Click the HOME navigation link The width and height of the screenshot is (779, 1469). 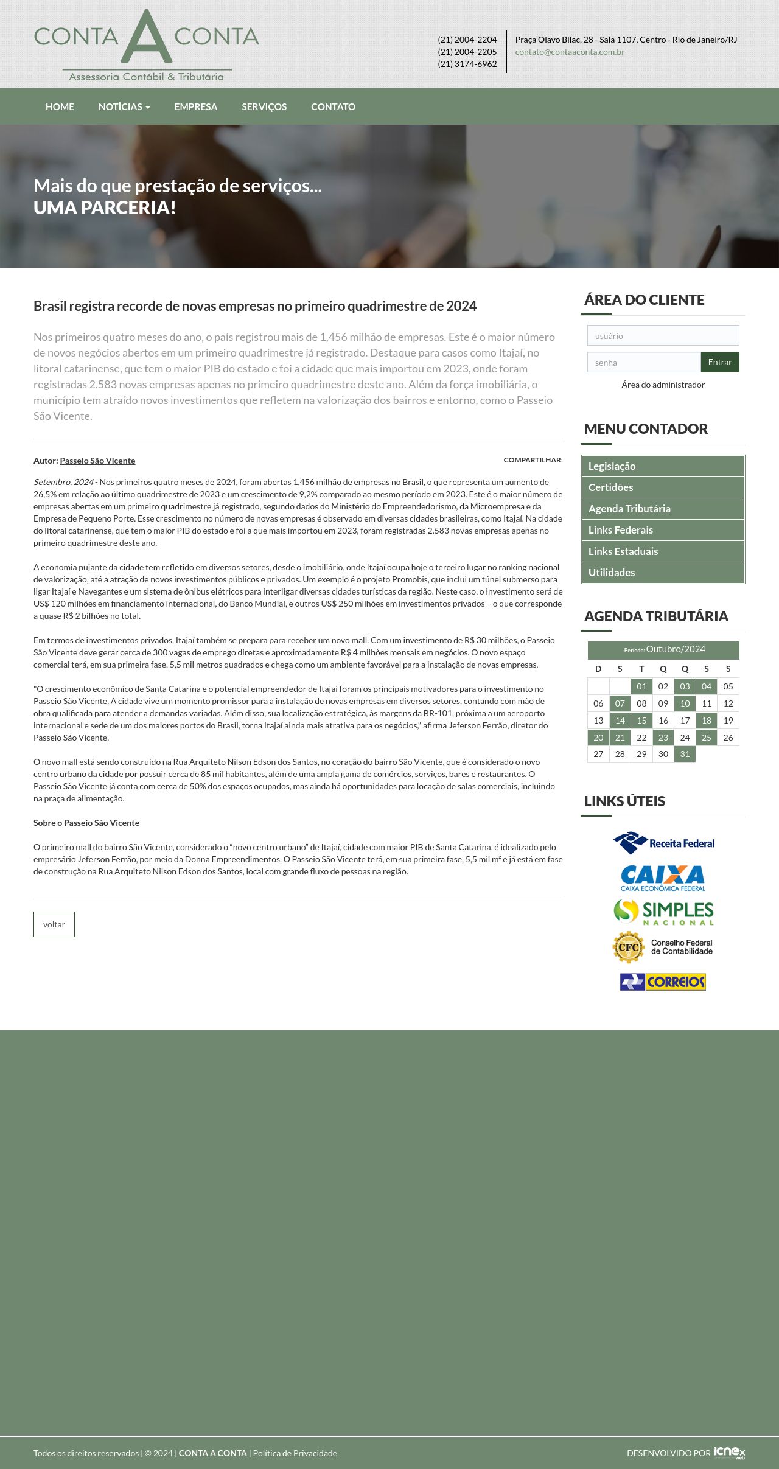coord(60,106)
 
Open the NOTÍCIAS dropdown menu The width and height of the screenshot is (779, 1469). coord(124,106)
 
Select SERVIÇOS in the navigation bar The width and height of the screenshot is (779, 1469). coord(264,106)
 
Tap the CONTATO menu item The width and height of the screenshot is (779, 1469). coord(333,106)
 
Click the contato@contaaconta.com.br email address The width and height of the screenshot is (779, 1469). coord(570,52)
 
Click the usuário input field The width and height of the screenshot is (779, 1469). coord(663,336)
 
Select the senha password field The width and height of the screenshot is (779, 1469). coord(643,363)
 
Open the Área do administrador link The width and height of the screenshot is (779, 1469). coord(663,385)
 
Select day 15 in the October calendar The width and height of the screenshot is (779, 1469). coord(641,721)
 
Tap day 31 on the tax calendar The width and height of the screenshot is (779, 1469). coord(685,754)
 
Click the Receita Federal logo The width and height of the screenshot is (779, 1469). coord(663,843)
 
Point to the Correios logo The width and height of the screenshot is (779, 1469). coord(663,982)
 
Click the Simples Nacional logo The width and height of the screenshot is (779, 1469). coord(663,912)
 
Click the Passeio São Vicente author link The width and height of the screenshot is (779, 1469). coord(97,461)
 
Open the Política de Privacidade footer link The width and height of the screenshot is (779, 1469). coord(295,1453)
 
